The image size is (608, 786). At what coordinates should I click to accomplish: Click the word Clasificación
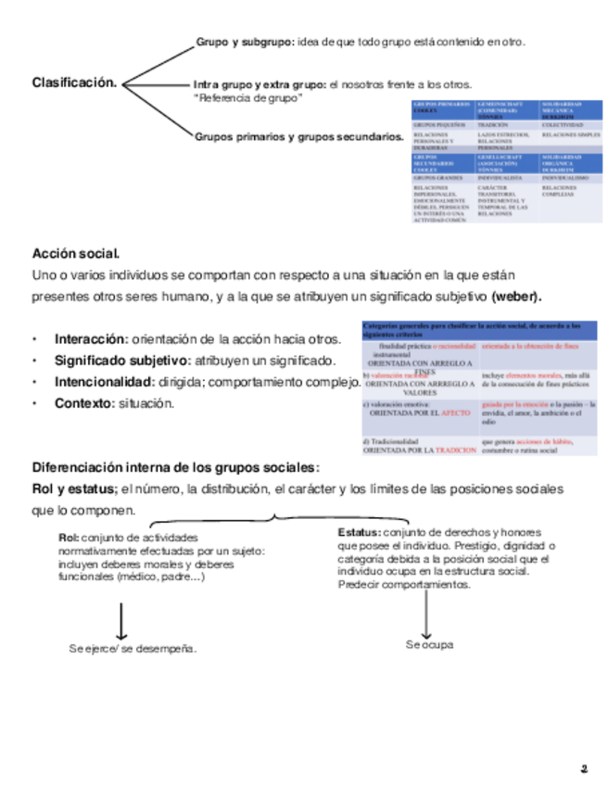(x=75, y=83)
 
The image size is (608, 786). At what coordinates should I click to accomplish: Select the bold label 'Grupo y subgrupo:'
(x=245, y=42)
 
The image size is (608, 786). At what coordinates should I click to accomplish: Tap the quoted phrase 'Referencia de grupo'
(x=247, y=97)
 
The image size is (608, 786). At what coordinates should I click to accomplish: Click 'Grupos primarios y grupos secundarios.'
(x=298, y=137)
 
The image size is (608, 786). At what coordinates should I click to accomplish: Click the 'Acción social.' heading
(x=76, y=253)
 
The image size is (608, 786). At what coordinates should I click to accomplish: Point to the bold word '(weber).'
(x=517, y=297)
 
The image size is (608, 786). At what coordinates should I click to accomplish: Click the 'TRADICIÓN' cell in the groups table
(x=493, y=123)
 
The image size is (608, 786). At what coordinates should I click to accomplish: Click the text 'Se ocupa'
(x=429, y=644)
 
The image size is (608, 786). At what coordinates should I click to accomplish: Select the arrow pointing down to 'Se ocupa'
(x=425, y=612)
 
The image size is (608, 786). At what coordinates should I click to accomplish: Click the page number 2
(x=584, y=768)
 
